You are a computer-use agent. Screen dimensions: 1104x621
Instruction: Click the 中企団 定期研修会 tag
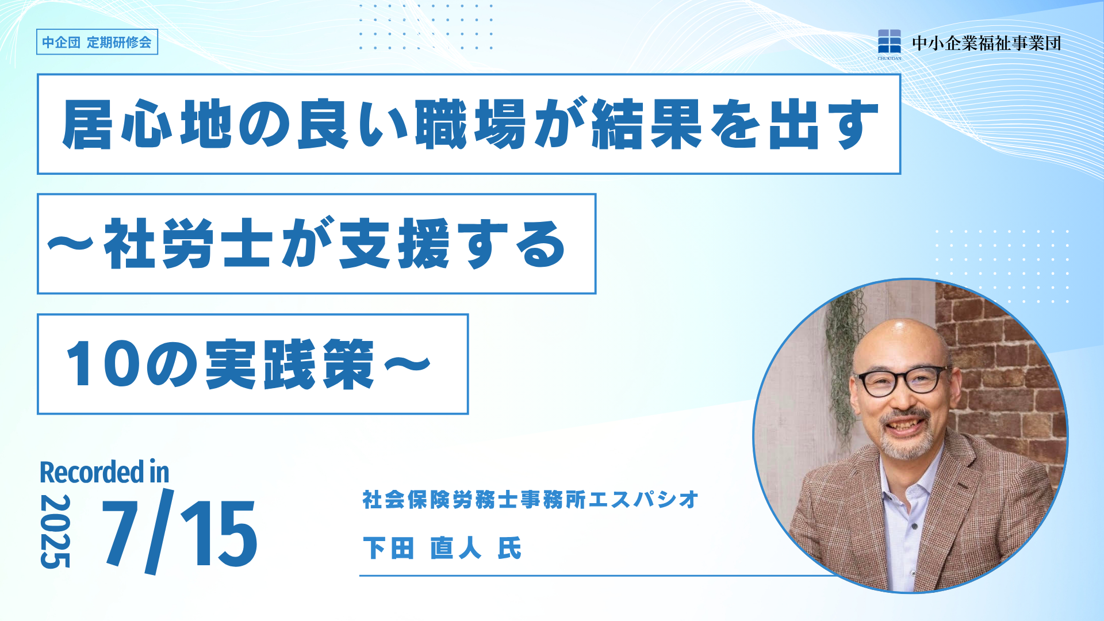pyautogui.click(x=97, y=42)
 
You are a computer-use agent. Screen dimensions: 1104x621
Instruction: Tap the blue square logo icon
pyautogui.click(x=889, y=41)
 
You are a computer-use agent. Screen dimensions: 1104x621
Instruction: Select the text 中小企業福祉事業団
pyautogui.click(x=986, y=43)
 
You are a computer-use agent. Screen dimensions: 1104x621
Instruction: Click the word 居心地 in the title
pyautogui.click(x=148, y=124)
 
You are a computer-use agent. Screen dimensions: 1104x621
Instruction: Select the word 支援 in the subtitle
pyautogui.click(x=394, y=244)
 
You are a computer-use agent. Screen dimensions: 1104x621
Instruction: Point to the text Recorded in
pyautogui.click(x=105, y=472)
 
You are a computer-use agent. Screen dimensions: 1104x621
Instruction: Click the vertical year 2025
pyautogui.click(x=55, y=531)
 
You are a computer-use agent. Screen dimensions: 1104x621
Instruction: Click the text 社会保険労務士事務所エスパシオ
pyautogui.click(x=530, y=500)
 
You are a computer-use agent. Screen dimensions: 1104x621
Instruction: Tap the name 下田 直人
pyautogui.click(x=422, y=548)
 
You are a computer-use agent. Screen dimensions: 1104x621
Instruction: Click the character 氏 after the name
pyautogui.click(x=509, y=548)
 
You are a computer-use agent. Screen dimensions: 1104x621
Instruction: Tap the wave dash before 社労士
pyautogui.click(x=71, y=244)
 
